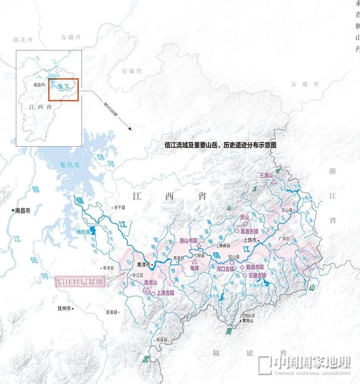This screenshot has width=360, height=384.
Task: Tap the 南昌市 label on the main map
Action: [x=25, y=210]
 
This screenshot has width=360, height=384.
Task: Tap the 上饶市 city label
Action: [x=250, y=240]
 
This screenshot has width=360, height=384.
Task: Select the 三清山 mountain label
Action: [x=266, y=176]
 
